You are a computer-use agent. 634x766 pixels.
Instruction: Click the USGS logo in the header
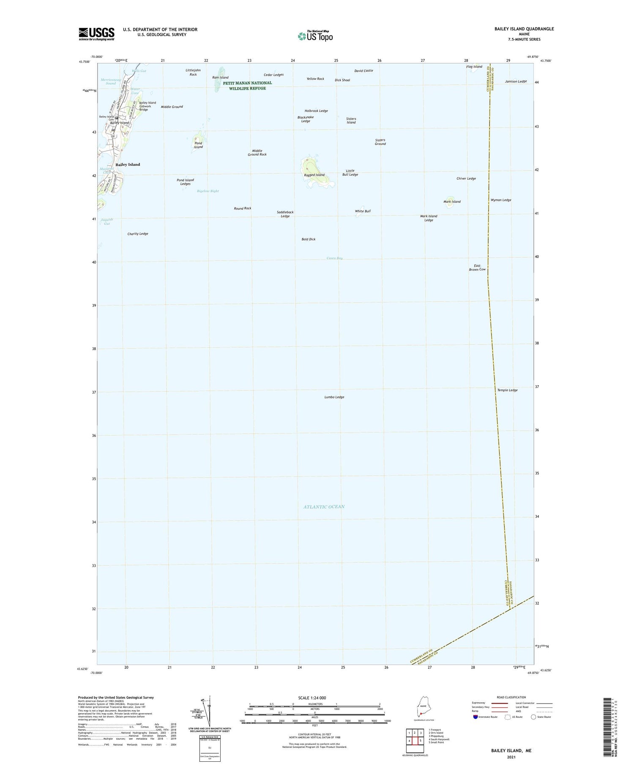[x=96, y=33]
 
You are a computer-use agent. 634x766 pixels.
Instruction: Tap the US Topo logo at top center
[x=315, y=36]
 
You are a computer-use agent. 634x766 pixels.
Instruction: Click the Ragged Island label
[x=314, y=175]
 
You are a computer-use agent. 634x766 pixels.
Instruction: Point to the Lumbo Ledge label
[x=334, y=397]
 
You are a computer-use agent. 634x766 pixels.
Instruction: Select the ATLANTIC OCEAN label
[x=324, y=507]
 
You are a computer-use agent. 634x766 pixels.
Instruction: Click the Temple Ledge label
[x=507, y=390]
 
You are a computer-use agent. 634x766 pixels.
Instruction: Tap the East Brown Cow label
[x=477, y=267]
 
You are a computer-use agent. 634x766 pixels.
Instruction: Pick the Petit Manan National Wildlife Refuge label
[x=247, y=85]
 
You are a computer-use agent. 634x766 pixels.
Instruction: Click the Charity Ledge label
[x=138, y=234]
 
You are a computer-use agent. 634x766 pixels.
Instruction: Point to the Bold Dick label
[x=309, y=239]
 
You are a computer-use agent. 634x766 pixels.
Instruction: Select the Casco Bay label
[x=334, y=258]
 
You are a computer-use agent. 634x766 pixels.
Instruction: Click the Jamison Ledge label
[x=516, y=81]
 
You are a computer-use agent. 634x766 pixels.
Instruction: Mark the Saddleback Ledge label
[x=285, y=214]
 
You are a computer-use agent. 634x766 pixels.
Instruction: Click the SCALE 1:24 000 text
[x=314, y=698]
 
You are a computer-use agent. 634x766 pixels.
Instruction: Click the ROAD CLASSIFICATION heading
[x=511, y=697]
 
